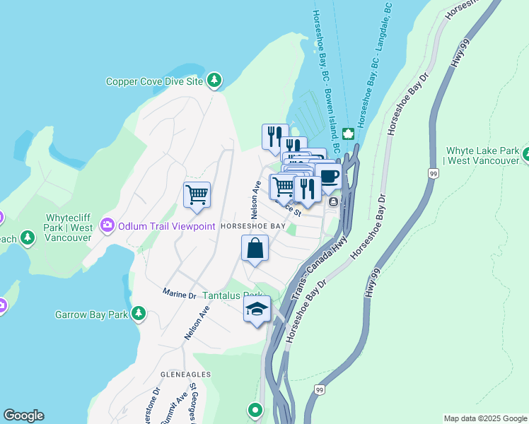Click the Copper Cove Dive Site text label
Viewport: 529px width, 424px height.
pos(154,81)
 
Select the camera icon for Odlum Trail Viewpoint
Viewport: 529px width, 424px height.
pos(107,225)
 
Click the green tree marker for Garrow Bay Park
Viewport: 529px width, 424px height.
pos(139,312)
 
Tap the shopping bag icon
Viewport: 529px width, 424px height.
pos(255,249)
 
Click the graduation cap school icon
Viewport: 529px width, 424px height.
pos(257,309)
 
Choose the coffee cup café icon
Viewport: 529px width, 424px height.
pos(328,177)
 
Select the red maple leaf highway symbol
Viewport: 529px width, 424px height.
pos(348,134)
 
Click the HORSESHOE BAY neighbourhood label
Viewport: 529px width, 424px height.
pos(252,226)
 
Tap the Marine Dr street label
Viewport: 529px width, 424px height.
pos(178,292)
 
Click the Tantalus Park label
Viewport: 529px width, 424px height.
pos(233,295)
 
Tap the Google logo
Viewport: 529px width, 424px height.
pos(23,416)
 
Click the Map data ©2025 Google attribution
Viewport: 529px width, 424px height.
pos(484,418)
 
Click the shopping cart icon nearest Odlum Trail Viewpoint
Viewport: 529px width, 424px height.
pos(197,194)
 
